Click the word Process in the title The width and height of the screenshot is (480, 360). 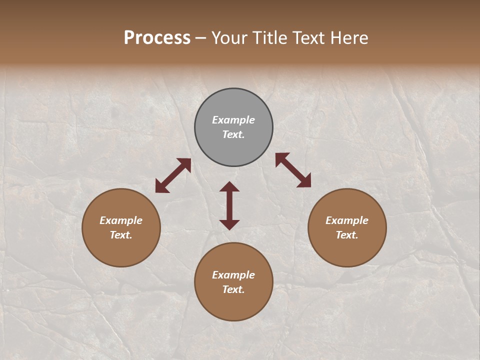click(157, 38)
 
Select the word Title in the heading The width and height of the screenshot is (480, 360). click(270, 38)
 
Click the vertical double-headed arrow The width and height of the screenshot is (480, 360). click(229, 206)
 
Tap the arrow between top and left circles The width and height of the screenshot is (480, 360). click(173, 175)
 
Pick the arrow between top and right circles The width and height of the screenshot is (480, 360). click(293, 170)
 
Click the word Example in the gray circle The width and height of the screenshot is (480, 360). click(233, 120)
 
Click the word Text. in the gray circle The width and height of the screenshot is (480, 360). click(233, 134)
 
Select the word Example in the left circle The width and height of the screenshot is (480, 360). click(121, 220)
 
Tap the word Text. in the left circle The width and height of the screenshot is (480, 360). click(121, 235)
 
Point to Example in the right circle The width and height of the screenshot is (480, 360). click(347, 220)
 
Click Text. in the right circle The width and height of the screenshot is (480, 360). click(347, 235)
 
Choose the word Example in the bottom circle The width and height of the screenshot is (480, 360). click(233, 275)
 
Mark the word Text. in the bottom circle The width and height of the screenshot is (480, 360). click(233, 289)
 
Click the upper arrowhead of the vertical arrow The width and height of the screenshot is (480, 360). click(229, 187)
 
